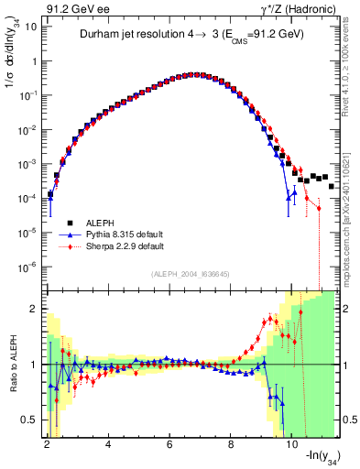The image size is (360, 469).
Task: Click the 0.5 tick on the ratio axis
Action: (29, 420)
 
